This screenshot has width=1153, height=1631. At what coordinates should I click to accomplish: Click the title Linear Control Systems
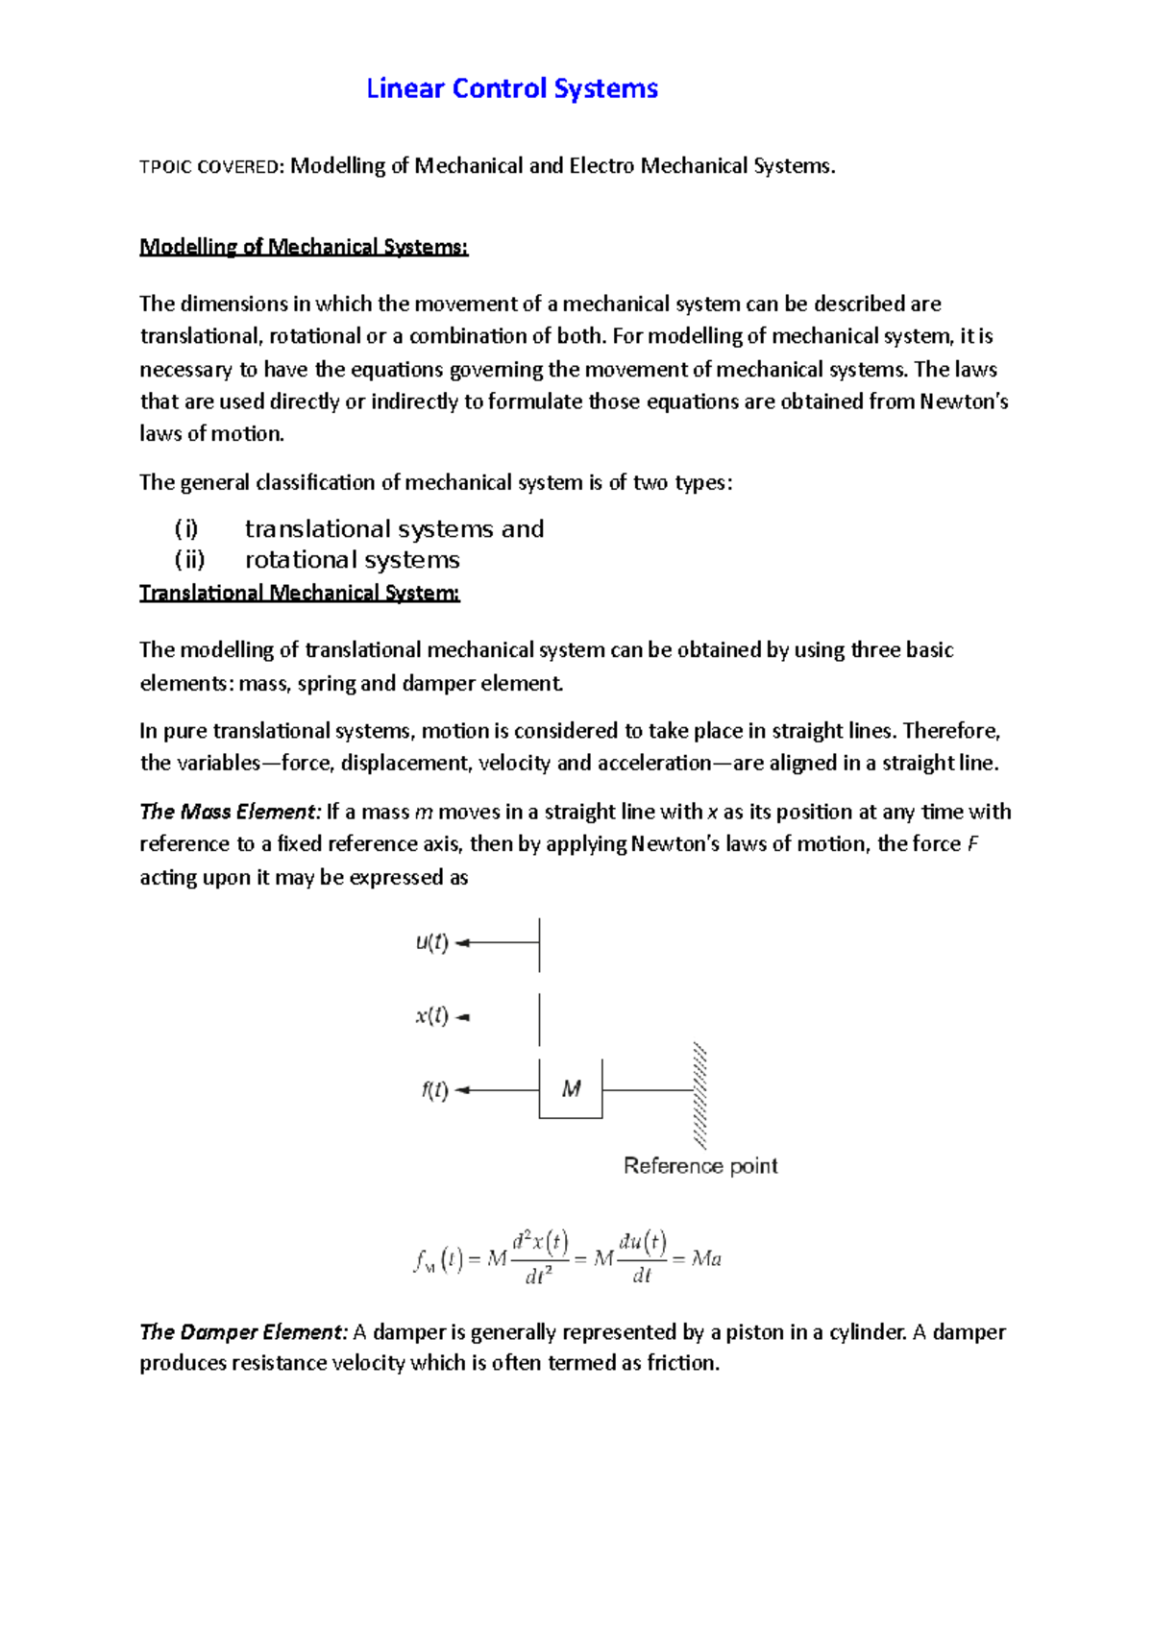tap(512, 89)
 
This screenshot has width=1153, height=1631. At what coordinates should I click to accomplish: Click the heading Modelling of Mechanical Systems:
tap(304, 247)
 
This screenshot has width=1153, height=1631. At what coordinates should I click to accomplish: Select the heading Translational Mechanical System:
tap(300, 593)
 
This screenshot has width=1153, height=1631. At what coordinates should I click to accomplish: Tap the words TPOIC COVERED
tap(209, 167)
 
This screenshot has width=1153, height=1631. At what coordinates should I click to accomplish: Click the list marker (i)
tap(186, 529)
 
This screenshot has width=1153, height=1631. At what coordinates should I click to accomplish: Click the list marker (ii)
tap(189, 560)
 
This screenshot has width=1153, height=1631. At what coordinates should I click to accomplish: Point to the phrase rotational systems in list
tap(353, 560)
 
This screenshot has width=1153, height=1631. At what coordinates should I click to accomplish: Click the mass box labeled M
tap(571, 1089)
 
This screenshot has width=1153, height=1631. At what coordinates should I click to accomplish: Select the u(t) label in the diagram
tap(431, 942)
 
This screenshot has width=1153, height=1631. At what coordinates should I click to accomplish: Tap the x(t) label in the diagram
tap(431, 1016)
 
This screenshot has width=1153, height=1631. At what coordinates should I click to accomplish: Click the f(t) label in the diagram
tap(434, 1090)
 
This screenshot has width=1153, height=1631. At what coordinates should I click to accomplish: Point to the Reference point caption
tap(700, 1166)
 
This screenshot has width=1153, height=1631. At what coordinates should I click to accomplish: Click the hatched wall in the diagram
tap(700, 1095)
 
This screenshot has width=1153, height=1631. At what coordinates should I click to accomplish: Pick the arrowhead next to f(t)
tap(462, 1090)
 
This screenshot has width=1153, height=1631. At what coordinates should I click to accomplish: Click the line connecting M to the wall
tap(647, 1090)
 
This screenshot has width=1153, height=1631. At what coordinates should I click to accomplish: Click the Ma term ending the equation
tap(706, 1259)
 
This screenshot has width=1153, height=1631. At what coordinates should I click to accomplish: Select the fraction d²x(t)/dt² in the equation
tap(539, 1258)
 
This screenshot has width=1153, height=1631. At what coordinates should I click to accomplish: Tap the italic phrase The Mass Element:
tap(229, 813)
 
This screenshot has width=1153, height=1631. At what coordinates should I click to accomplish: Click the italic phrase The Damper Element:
tap(243, 1332)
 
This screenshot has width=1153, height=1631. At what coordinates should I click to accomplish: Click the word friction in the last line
tap(681, 1364)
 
